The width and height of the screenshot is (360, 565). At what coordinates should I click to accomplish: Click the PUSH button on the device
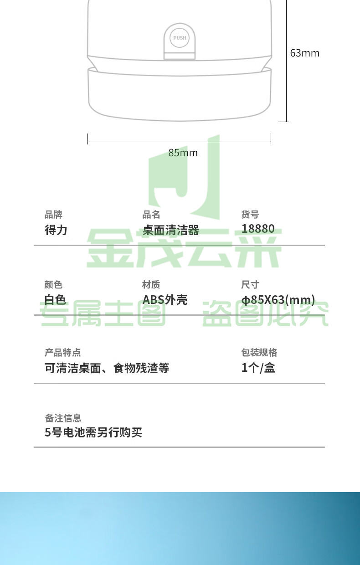pos(180,38)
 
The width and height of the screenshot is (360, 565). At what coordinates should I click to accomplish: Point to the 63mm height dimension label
pos(304,53)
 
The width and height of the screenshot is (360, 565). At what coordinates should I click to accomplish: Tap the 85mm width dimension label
pos(183,153)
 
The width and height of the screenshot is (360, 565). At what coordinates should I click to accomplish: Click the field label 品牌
pos(53,215)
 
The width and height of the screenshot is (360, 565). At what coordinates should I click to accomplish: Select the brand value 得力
pos(56,230)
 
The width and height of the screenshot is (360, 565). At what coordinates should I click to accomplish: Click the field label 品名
pos(151,215)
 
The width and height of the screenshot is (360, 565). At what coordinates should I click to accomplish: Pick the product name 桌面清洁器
pos(170,230)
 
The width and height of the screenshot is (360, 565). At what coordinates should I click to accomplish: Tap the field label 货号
pos(250,215)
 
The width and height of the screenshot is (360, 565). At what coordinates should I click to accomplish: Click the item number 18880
pos(258,229)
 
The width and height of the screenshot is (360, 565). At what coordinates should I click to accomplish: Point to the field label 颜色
pos(53,284)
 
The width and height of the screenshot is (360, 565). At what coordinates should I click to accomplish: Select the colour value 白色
pos(55,300)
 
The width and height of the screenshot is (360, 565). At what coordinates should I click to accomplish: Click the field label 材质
pos(151,284)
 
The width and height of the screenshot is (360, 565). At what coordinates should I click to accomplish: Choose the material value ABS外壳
pos(165,300)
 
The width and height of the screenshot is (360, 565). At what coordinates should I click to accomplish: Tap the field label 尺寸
pos(250,284)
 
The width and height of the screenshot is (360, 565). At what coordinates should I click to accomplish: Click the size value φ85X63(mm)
pos(278,300)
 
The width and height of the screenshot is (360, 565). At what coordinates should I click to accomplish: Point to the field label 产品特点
pos(62,352)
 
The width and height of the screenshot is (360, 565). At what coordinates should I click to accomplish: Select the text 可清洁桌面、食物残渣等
pos(107,368)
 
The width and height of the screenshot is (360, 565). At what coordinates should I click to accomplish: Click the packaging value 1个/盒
pos(258,368)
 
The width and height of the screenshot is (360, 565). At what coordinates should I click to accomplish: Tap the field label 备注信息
pos(63,418)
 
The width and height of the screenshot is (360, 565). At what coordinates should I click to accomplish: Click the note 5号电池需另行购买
pos(93,432)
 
